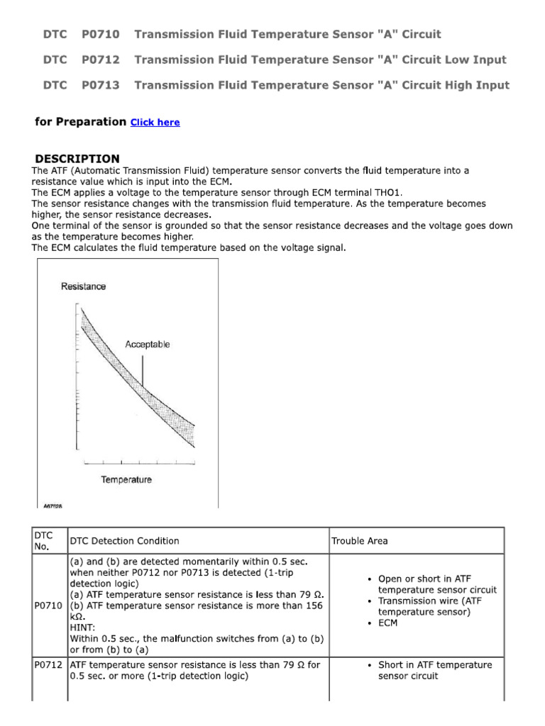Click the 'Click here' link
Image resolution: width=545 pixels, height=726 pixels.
pos(155,123)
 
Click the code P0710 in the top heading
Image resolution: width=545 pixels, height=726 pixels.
pos(100,34)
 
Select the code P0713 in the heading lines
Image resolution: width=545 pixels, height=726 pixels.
pos(100,85)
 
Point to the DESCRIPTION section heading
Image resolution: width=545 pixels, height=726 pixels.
pos(77,159)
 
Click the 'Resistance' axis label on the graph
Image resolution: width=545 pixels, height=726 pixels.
pos(84,286)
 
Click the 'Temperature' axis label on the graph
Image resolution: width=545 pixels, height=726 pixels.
pos(126,479)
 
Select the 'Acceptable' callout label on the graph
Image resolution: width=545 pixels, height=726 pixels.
pos(148,345)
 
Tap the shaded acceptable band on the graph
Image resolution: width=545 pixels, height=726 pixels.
pos(149,390)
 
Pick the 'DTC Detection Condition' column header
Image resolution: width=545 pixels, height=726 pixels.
pos(124,541)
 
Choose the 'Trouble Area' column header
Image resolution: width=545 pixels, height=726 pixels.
pos(360,541)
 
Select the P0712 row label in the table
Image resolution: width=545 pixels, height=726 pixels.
pos(48,665)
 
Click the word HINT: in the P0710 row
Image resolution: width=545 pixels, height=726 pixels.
pos(84,627)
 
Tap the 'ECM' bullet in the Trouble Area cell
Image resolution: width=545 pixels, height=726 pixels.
pos(388,623)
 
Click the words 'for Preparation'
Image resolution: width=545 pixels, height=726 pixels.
pos(80,122)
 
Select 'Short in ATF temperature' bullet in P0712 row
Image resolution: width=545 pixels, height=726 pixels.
pos(434,665)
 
